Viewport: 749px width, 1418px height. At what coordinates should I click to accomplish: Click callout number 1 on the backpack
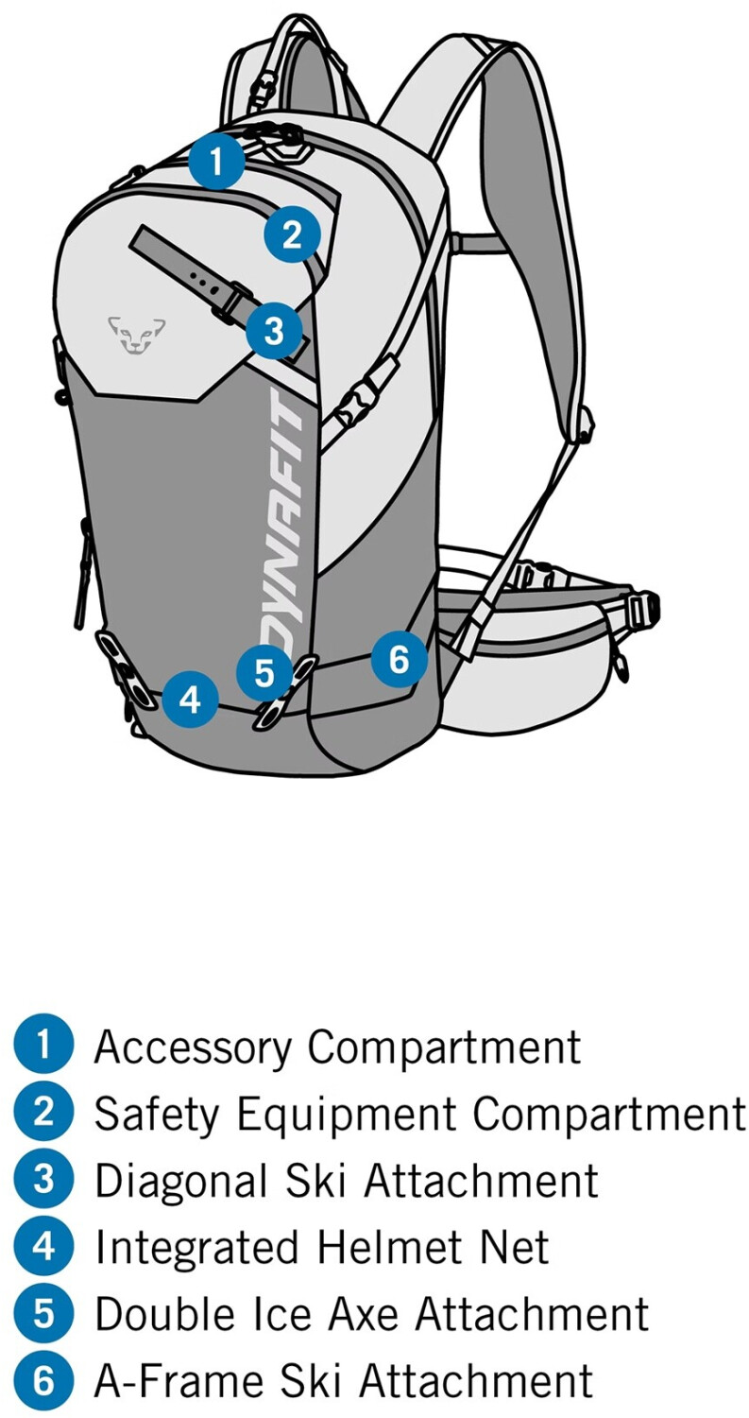pos(216,163)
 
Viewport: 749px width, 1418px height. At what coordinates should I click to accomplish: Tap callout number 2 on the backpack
pos(292,233)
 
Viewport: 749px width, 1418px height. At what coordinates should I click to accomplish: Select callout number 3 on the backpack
pos(274,331)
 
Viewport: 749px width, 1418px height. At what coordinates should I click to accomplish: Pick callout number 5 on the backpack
pos(264,673)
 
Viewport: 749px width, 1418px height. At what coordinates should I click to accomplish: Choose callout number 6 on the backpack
pos(399,658)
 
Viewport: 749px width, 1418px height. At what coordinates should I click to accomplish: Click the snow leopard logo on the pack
pos(137,334)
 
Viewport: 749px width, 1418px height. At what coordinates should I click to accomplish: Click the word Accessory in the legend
pos(196,1047)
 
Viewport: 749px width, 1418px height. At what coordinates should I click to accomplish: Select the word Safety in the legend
pos(157,1114)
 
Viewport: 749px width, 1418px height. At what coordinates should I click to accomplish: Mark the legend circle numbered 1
pos(43,1046)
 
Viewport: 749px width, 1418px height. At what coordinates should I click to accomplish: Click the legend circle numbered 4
pos(43,1247)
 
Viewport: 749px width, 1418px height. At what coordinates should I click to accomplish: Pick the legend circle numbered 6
pos(43,1380)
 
